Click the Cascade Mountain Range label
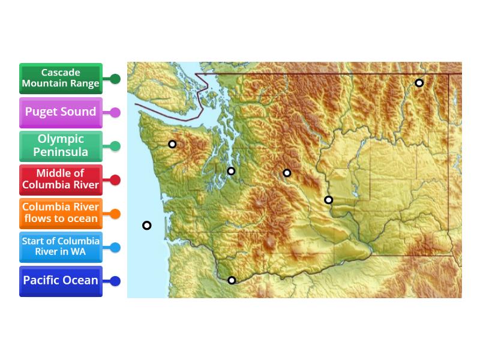point(61,79)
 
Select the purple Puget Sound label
point(61,112)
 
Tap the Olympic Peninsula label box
point(61,146)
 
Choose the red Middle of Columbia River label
point(61,180)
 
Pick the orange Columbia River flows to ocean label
point(61,214)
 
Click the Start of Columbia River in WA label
point(61,247)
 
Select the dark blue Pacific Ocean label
point(61,281)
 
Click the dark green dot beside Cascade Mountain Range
point(115,79)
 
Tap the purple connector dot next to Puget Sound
point(115,112)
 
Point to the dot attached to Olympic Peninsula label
point(115,146)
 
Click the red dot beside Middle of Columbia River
point(115,180)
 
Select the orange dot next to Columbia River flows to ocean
point(115,214)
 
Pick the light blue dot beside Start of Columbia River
point(115,247)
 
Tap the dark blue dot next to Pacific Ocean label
point(115,281)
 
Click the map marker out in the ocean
point(147,226)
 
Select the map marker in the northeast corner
point(419,83)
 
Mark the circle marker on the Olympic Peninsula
point(172,144)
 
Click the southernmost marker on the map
point(232,280)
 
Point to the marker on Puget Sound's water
point(231,171)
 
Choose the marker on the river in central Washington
point(328,200)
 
